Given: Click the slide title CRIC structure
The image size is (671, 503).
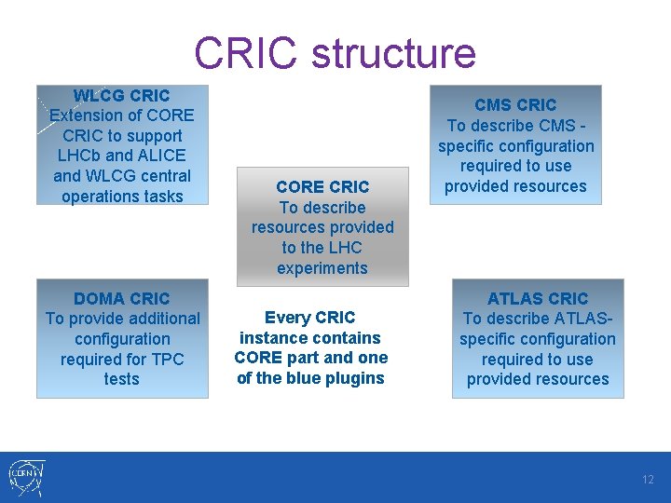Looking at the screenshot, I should point(335,53).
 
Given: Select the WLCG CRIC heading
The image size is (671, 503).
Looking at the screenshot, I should point(121,96).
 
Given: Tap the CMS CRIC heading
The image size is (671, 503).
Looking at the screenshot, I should point(515,105).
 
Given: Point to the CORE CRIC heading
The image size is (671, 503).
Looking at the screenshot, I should point(322,186).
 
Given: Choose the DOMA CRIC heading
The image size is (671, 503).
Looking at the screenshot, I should point(122,299).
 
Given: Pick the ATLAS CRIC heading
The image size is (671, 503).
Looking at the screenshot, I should point(538,299).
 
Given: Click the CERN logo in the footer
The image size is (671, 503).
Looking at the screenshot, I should point(25,477).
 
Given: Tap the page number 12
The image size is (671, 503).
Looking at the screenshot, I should point(648,480).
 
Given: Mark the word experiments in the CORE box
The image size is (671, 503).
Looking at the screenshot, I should point(322,268).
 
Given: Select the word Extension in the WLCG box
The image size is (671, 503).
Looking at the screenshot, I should point(88,116).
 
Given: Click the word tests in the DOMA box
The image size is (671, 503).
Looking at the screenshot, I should point(122,379).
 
